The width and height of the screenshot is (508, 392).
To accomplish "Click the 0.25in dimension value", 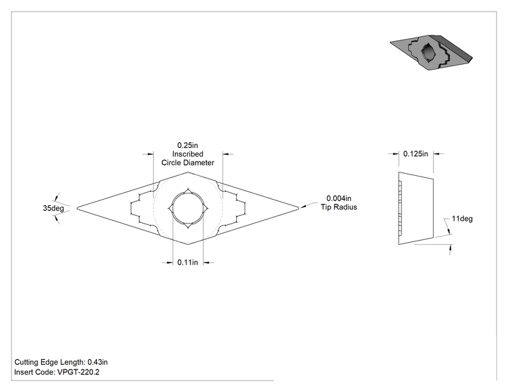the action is (188, 145).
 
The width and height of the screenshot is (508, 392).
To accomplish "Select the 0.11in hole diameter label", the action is (188, 262).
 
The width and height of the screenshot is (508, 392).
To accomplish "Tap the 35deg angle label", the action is (53, 208).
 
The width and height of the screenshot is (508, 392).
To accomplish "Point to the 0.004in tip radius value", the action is (339, 198).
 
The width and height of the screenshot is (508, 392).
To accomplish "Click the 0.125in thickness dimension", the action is (416, 153).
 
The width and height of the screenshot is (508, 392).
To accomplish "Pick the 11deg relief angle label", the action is (462, 219).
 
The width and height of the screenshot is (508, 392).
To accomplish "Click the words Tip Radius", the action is (339, 207).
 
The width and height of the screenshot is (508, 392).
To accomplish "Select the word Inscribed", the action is (188, 154).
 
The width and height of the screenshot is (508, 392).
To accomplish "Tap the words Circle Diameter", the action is (188, 163).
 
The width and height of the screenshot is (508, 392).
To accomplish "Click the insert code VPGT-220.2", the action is (79, 372).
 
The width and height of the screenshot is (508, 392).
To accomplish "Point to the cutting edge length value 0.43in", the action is (98, 362).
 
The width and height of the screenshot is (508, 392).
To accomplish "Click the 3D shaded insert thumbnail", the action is (432, 52).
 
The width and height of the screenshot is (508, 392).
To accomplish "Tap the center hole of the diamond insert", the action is (188, 208).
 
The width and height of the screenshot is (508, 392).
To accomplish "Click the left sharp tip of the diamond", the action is (77, 209).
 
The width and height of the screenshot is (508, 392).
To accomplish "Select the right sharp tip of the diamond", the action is (298, 209).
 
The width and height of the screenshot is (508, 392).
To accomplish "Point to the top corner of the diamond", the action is (188, 172).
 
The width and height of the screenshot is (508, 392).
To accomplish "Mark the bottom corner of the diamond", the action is (188, 244).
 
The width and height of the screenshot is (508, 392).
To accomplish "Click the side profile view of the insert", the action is (416, 208).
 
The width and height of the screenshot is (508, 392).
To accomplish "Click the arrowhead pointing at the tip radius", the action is (304, 207).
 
